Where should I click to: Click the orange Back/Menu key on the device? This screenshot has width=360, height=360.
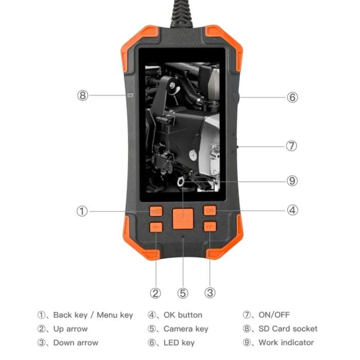[156, 211]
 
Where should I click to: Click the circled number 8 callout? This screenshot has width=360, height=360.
[83, 95]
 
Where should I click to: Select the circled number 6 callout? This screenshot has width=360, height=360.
[292, 97]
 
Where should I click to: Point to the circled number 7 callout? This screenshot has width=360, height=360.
[292, 146]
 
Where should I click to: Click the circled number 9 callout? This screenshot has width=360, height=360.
[292, 181]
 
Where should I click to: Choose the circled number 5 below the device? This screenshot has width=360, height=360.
[183, 293]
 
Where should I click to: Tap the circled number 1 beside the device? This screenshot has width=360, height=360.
[82, 211]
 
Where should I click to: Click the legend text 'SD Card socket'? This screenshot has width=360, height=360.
[287, 329]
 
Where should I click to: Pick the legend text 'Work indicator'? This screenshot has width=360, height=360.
[286, 343]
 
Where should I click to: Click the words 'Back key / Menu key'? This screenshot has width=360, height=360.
[93, 315]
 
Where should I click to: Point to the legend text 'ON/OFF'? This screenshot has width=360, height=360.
[275, 315]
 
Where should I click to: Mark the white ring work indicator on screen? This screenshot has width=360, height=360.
[181, 181]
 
